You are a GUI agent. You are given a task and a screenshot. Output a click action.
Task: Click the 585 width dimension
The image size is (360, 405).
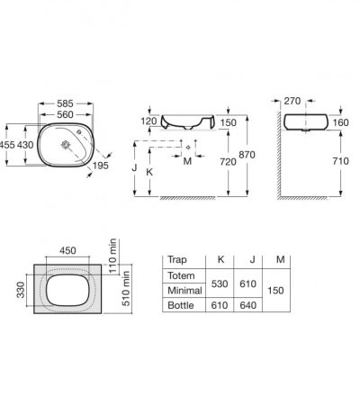click(x=65, y=103)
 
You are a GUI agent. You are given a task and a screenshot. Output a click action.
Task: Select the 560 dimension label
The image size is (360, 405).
click(x=65, y=114)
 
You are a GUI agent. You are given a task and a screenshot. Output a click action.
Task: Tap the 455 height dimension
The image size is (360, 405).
click(x=7, y=145)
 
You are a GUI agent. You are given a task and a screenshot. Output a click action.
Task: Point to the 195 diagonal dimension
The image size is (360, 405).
click(x=100, y=166)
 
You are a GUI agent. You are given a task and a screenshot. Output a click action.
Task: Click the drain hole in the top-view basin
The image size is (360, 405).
click(x=66, y=145)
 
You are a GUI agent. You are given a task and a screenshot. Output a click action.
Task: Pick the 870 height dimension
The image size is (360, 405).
click(x=247, y=155)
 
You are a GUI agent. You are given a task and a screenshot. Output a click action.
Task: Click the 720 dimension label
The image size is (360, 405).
click(x=228, y=162)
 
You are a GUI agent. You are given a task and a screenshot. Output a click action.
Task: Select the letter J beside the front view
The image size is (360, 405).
click(x=134, y=167)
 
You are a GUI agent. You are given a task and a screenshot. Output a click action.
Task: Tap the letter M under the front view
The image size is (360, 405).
click(x=187, y=161)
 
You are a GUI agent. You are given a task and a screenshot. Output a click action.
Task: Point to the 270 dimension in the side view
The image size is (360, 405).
click(x=292, y=101)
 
